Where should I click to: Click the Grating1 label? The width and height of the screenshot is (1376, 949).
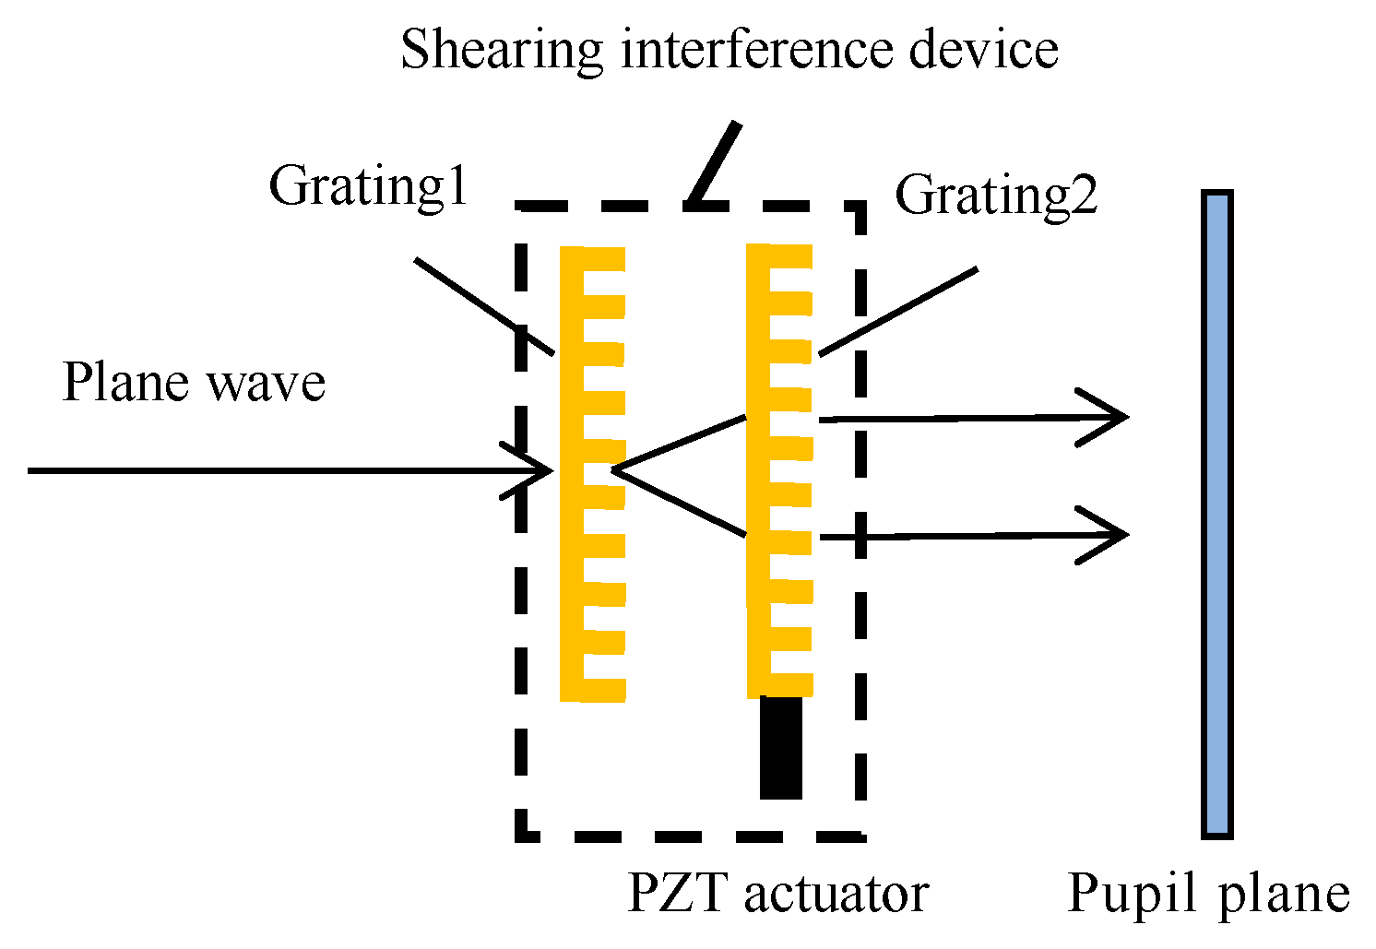(x=369, y=186)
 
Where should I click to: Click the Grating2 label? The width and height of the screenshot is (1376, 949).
(x=996, y=196)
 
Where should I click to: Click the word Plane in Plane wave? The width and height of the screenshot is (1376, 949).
(x=125, y=382)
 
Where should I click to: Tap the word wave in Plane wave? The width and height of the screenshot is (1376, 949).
(x=267, y=384)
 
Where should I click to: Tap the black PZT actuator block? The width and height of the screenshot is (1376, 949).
(x=780, y=747)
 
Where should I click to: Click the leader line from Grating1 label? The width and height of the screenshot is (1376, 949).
(x=484, y=307)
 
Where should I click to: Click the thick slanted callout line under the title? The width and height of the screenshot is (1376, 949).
(x=716, y=162)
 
